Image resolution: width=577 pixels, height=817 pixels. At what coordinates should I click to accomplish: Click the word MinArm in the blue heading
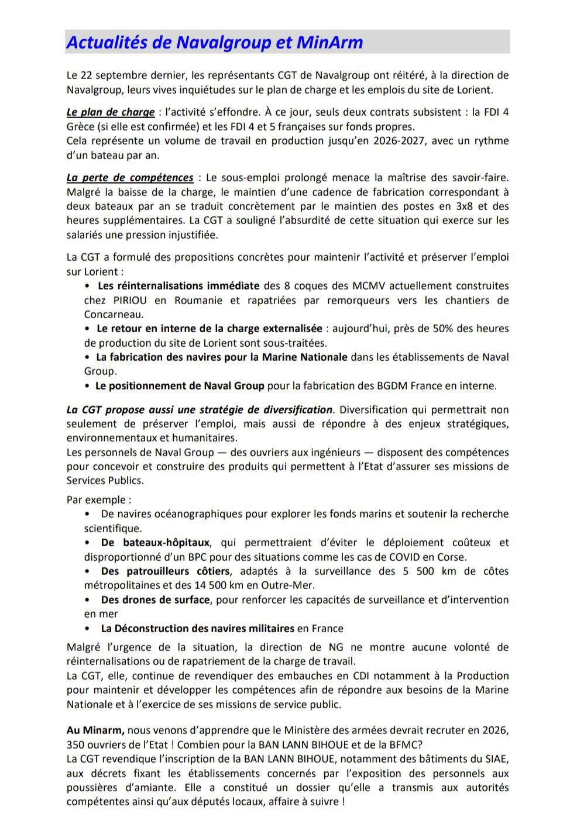pyautogui.click(x=329, y=42)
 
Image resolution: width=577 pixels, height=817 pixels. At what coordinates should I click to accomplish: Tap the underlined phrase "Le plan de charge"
pyautogui.click(x=110, y=112)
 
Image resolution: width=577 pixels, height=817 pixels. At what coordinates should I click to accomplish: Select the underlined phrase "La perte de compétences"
pyautogui.click(x=129, y=178)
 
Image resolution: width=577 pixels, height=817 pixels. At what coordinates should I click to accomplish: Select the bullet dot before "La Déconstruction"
pyautogui.click(x=87, y=629)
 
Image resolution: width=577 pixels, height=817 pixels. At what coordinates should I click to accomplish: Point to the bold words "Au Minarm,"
pyautogui.click(x=95, y=730)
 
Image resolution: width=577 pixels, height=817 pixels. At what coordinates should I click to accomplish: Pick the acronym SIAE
pyautogui.click(x=493, y=759)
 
